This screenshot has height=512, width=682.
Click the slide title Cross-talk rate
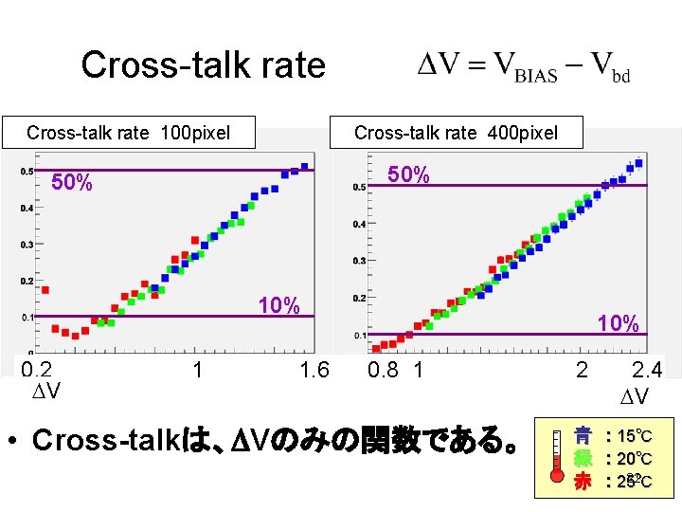[x=203, y=65]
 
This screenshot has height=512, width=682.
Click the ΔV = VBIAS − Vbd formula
[x=524, y=67]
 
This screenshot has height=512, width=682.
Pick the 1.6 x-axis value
[x=313, y=370]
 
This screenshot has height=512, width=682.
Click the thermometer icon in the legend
[x=555, y=459]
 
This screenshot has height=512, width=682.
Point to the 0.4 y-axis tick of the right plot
[x=359, y=225]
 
